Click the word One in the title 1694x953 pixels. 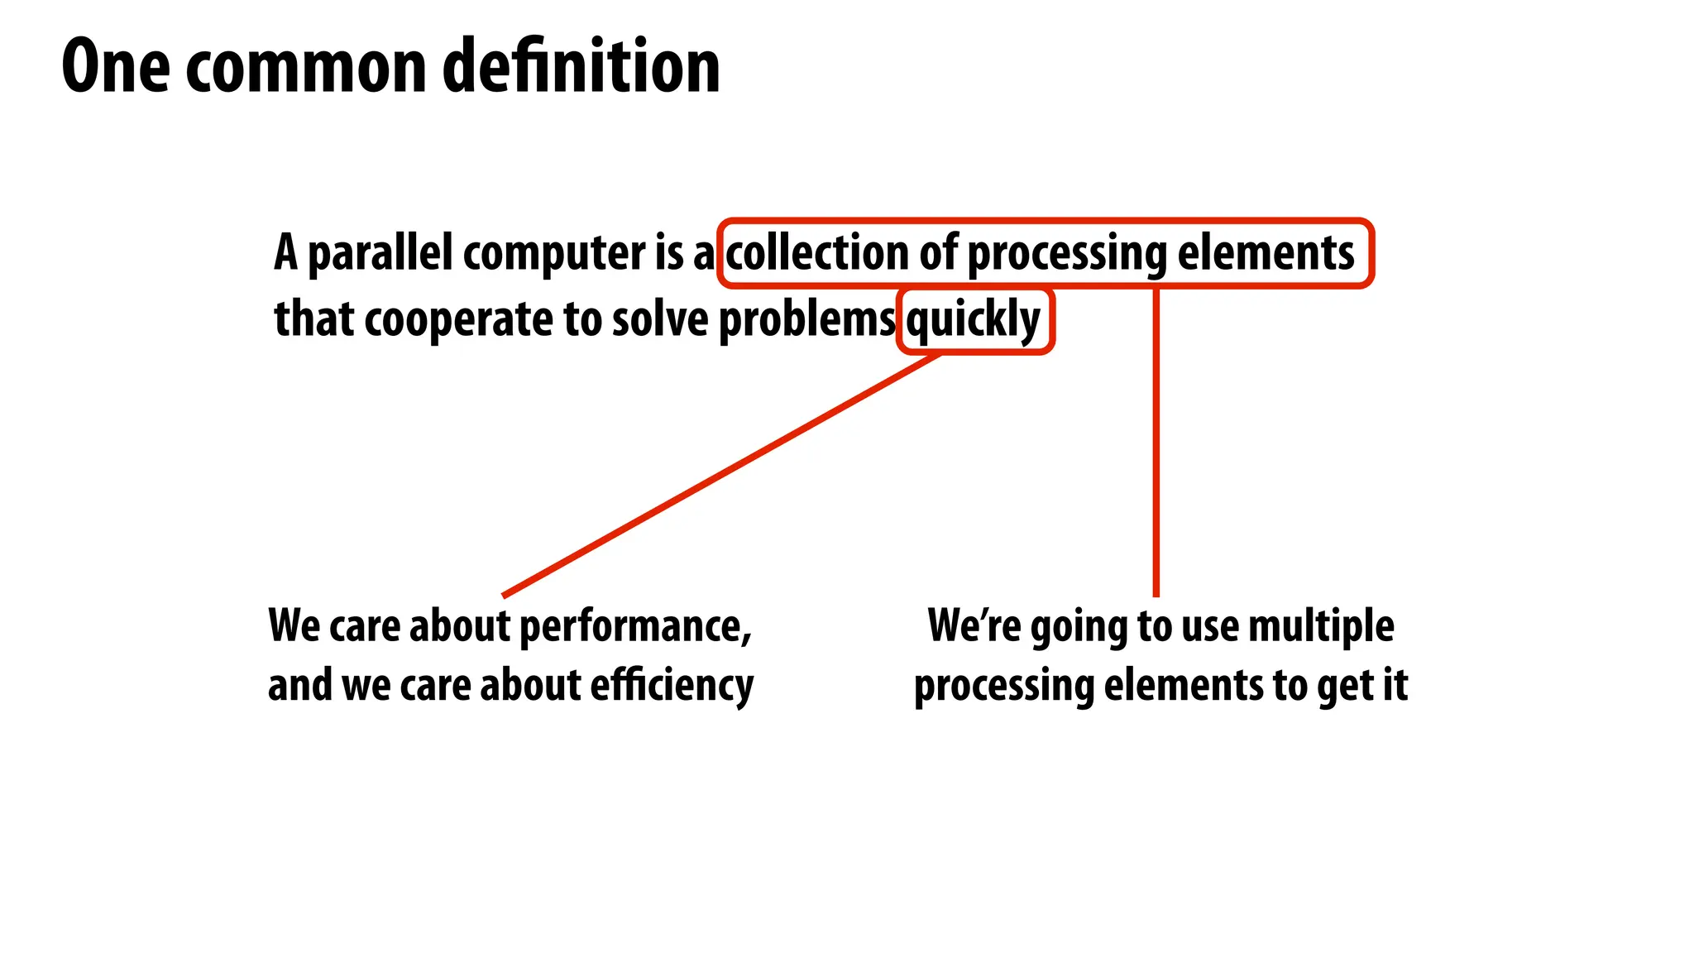click(116, 66)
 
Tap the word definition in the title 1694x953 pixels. click(581, 66)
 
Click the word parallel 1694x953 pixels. click(380, 252)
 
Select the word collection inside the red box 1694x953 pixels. click(817, 252)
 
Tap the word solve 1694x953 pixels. click(659, 319)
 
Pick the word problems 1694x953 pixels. click(806, 319)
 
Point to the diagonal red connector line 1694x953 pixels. click(720, 476)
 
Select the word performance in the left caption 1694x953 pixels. click(635, 626)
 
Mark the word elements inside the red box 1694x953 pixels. click(1266, 252)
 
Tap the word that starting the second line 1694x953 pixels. click(314, 319)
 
